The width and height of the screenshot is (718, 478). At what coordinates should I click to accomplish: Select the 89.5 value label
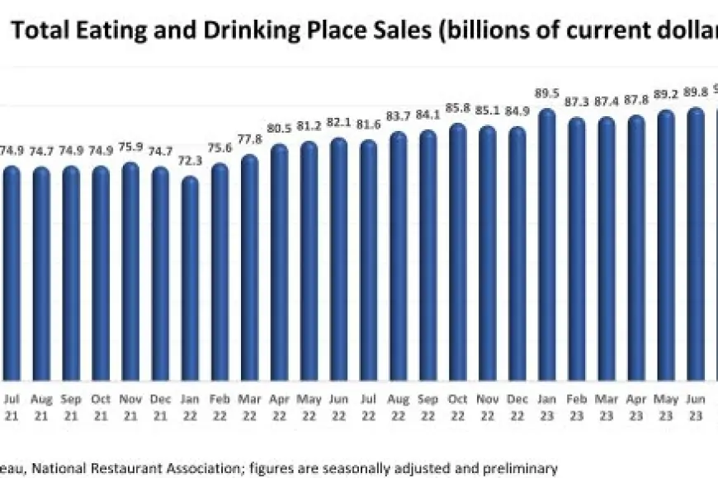point(546,95)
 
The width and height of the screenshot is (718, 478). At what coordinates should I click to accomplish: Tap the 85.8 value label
point(457,108)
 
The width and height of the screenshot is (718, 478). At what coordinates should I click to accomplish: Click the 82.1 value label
point(338,124)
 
